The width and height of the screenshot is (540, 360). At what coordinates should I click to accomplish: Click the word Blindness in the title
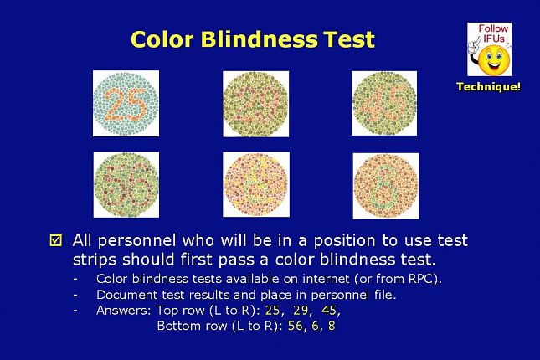pos(259,39)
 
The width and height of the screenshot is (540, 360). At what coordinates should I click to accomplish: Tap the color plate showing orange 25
pos(126,103)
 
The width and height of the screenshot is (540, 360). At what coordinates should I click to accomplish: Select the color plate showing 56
pos(126,185)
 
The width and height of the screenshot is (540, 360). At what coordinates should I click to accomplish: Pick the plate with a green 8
pos(386,186)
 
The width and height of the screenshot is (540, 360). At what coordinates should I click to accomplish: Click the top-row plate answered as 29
pos(256,104)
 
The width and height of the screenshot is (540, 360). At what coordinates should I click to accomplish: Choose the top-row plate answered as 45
pos(384,103)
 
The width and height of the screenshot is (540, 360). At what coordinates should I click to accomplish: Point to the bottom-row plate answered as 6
pos(256,184)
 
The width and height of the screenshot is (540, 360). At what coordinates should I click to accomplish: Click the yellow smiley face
pos(494,60)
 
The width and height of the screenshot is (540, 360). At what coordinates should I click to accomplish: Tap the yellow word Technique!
pos(489,86)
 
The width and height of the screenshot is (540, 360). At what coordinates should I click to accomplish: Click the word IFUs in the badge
pos(493,39)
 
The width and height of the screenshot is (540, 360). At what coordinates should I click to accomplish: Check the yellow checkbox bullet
pos(56,240)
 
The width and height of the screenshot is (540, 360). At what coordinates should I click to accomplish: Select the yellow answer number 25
pos(272,311)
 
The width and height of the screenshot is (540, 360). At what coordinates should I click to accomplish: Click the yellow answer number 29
pos(301,311)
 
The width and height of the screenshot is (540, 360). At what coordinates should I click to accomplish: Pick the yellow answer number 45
pos(329,311)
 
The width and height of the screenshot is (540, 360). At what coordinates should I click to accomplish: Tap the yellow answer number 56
pos(296,326)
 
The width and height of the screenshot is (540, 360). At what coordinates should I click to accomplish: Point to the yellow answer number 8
pos(332,326)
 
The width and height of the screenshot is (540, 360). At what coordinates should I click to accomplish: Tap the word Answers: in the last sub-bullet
pos(124,311)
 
